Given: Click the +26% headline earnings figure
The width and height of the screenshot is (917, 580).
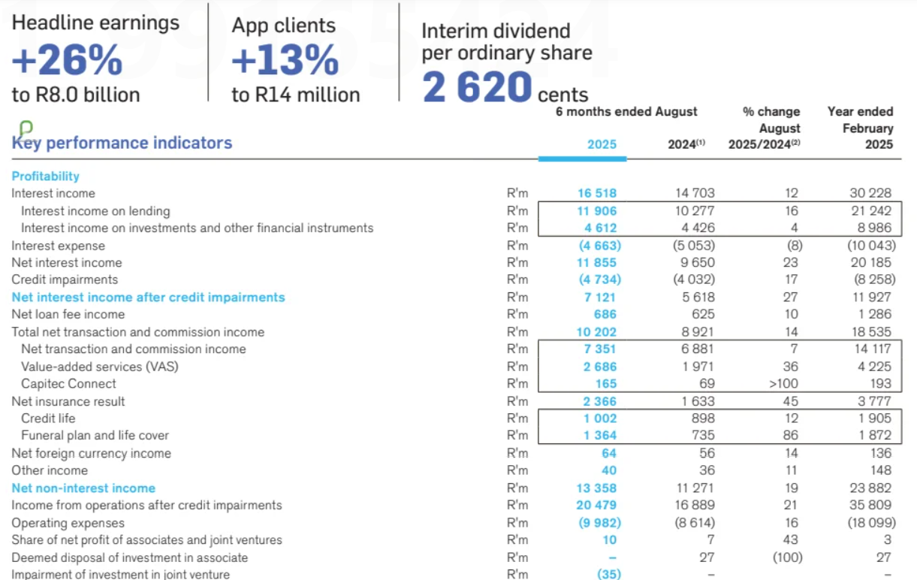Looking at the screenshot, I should pos(67,60).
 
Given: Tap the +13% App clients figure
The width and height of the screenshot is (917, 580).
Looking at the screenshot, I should pos(285,60).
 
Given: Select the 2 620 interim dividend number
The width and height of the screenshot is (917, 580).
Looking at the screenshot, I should pos(477,88).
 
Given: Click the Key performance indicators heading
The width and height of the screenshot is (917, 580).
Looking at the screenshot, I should pos(122,143).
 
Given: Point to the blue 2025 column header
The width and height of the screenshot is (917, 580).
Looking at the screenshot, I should pos(602,144).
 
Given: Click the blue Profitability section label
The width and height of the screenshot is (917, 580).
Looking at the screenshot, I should pos(45,176).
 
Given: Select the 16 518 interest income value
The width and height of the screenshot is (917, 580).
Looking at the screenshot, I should pos(597,194).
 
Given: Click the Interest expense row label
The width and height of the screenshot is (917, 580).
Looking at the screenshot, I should pos(58,246).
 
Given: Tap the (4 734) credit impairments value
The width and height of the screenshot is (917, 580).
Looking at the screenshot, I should pos(599,280).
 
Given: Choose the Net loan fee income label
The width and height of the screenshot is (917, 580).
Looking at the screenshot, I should pos(68,314).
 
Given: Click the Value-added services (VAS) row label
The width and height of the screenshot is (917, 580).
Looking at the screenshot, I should pos(99,367).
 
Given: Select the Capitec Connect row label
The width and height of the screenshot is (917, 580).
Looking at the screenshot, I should pos(68,384).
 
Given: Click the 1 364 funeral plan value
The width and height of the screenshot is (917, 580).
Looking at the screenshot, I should pos(600,436).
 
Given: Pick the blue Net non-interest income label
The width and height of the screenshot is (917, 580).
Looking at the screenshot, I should pos(83,488).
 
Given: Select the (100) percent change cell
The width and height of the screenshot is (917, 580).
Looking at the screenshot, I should pos(786,557).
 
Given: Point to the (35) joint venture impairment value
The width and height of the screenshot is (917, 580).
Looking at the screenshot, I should pos(608,575).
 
